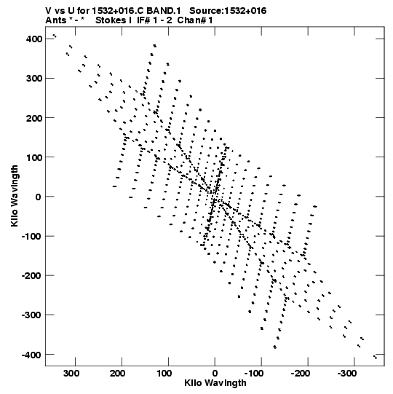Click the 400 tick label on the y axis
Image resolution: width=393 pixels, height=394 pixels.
click(x=34, y=39)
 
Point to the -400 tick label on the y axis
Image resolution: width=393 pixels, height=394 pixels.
click(x=32, y=355)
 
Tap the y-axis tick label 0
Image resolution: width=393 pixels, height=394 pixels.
click(x=38, y=197)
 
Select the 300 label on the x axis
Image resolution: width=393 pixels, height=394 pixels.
click(x=71, y=374)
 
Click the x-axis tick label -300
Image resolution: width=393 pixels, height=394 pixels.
click(x=347, y=374)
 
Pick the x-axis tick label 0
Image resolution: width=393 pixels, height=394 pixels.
click(x=215, y=374)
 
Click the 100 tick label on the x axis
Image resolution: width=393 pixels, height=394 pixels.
click(x=164, y=374)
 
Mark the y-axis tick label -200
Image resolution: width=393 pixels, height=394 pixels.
click(x=32, y=275)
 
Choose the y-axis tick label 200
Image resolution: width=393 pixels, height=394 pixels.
click(x=34, y=118)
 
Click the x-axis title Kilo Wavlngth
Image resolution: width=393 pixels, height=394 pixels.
click(x=215, y=382)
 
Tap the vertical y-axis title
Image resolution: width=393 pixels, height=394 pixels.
click(x=15, y=196)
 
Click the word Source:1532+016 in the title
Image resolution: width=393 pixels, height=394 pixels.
click(x=228, y=11)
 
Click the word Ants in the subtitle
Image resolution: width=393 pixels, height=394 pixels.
click(x=56, y=20)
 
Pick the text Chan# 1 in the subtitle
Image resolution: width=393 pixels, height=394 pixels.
click(x=195, y=20)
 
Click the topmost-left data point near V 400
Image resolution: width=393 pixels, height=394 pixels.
click(x=53, y=35)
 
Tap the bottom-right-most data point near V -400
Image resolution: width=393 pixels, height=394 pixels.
click(x=376, y=358)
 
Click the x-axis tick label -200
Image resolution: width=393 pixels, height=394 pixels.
click(x=301, y=374)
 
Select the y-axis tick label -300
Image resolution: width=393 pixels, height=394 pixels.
click(x=32, y=315)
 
